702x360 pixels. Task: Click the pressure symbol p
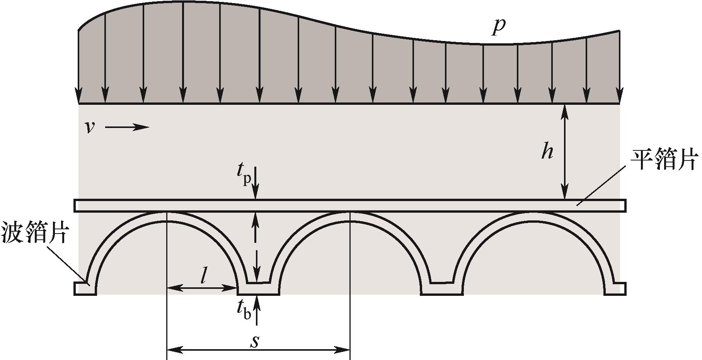tap(499, 27)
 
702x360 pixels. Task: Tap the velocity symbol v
tap(90, 127)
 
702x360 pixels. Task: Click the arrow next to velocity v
tap(127, 127)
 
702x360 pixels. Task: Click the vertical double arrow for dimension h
tap(565, 152)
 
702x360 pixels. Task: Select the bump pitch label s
tap(254, 341)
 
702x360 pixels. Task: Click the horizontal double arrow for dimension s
tap(258, 350)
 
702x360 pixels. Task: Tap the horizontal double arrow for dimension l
tap(202, 288)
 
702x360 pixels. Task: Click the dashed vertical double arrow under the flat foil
tap(255, 247)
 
